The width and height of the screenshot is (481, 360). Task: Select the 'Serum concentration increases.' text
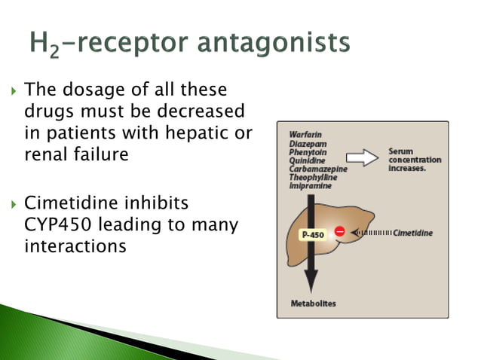414,159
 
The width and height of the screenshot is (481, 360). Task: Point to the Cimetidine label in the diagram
413,233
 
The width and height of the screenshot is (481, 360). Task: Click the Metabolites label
313,304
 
